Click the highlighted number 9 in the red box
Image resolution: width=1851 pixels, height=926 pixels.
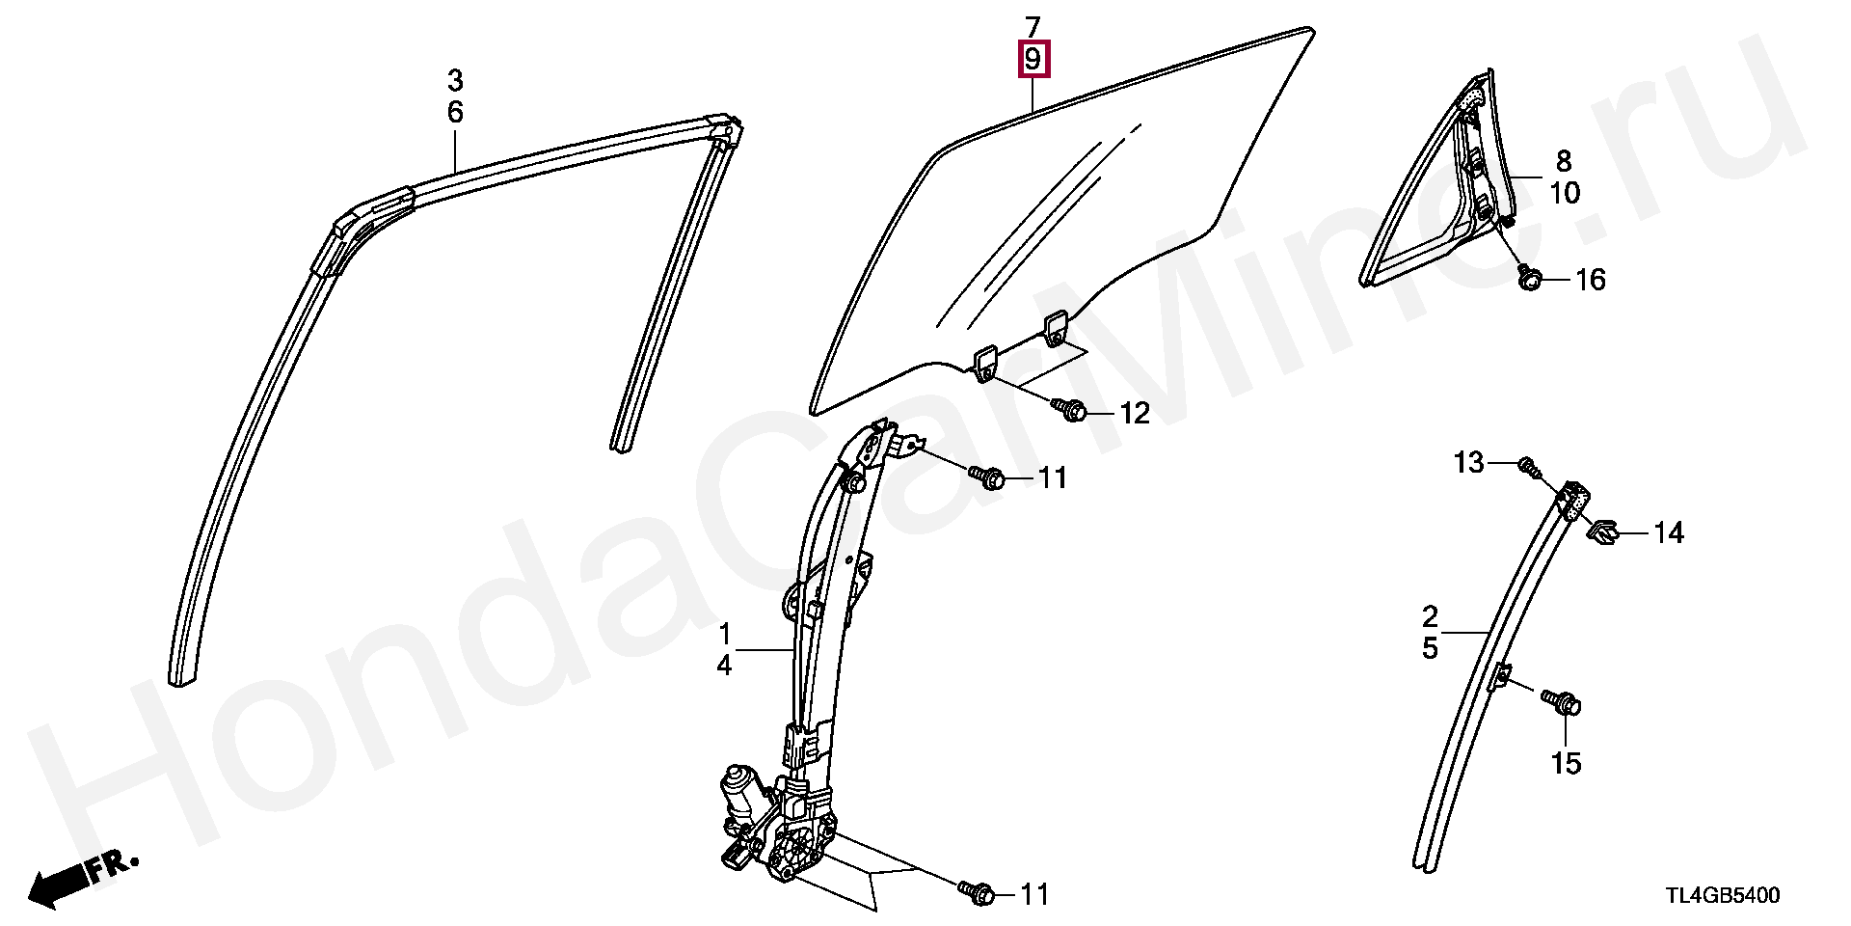pos(1033,61)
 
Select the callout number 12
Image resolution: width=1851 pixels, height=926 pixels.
pos(1135,414)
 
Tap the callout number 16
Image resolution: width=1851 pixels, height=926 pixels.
pos(1590,281)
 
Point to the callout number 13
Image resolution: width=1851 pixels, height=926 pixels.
pos(1469,464)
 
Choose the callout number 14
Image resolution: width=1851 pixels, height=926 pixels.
pos(1669,532)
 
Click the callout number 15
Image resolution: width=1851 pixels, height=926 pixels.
pos(1567,764)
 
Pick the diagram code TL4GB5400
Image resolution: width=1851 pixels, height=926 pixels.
pos(1723,896)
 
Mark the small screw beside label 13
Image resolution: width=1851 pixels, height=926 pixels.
pos(1526,467)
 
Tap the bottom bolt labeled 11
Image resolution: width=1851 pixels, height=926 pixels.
pos(975,892)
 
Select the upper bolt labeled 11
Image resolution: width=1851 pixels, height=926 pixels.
pos(988,477)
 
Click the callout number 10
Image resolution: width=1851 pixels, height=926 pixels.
pos(1565,193)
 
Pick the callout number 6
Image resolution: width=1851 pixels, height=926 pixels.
pos(455,113)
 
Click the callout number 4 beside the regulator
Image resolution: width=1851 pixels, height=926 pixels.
pos(724,664)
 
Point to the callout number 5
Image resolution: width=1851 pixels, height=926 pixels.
pos(1430,648)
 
